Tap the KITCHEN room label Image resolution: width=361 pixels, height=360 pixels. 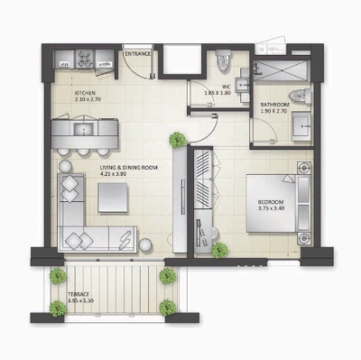pos(86,92)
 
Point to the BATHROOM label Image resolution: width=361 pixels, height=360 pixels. pos(274,106)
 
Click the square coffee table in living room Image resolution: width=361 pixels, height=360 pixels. pos(114,196)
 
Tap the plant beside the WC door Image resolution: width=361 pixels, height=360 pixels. pos(178,140)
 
